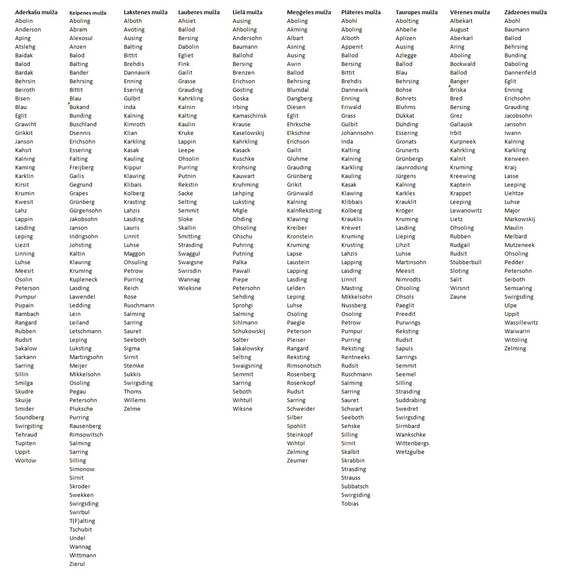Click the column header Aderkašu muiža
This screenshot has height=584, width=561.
click(36, 12)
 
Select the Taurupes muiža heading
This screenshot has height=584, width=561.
click(416, 12)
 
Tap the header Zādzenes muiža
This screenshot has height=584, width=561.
click(525, 12)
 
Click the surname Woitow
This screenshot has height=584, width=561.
click(25, 460)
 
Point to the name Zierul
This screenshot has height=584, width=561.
click(77, 564)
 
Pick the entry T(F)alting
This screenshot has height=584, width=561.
click(82, 521)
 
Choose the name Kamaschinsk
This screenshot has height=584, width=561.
click(249, 116)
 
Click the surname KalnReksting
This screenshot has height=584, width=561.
click(304, 210)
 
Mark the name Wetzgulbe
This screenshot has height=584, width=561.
click(410, 452)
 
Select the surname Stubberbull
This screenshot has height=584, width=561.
click(466, 262)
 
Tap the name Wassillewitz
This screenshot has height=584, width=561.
click(521, 322)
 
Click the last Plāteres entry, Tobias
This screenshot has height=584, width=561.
click(350, 503)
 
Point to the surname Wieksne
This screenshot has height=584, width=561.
click(189, 288)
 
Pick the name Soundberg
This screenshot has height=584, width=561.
click(29, 417)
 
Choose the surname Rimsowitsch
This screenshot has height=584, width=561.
click(86, 434)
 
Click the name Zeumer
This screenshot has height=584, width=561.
click(297, 460)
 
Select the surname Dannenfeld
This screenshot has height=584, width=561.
click(520, 72)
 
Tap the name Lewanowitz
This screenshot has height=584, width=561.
click(466, 210)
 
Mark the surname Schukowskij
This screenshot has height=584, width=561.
click(249, 331)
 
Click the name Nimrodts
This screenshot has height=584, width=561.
click(408, 279)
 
